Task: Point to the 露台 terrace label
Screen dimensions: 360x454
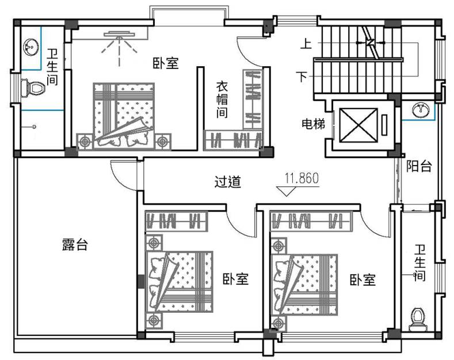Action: [75, 244]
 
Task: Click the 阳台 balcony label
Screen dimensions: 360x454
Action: [419, 167]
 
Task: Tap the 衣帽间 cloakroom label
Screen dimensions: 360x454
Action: [222, 99]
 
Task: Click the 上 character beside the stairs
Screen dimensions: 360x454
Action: [306, 43]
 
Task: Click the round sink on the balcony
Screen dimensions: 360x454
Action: [422, 109]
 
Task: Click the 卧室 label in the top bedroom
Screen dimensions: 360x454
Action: [165, 63]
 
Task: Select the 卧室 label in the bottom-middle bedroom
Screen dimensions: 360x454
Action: [235, 279]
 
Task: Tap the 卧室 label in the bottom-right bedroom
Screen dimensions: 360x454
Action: [363, 280]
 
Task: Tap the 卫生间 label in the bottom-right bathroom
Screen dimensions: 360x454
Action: [419, 263]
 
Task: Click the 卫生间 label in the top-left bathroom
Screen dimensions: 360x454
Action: [52, 67]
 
